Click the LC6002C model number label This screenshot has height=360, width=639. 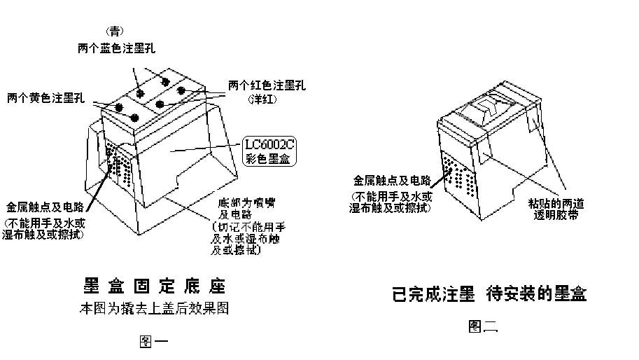pyautogui.click(x=269, y=146)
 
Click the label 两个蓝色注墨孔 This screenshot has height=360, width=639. pyautogui.click(x=116, y=49)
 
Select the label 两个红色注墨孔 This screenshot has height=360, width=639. pyautogui.click(x=267, y=85)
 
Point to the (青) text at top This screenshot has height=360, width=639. pyautogui.click(x=115, y=31)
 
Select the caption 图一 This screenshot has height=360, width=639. pyautogui.click(x=153, y=341)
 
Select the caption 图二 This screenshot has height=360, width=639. pyautogui.click(x=483, y=326)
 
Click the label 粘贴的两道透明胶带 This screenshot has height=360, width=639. pyautogui.click(x=556, y=210)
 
